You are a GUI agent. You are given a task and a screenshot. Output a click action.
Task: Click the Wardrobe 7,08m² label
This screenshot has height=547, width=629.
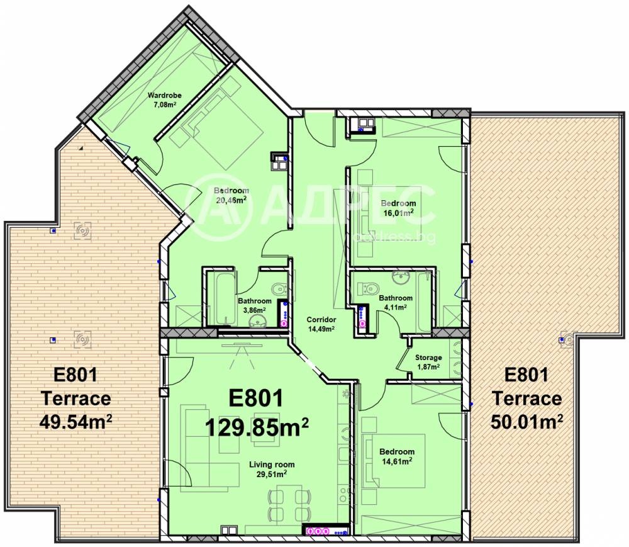pyautogui.click(x=164, y=99)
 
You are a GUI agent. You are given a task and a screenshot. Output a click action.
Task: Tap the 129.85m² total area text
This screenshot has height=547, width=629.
pyautogui.click(x=257, y=428)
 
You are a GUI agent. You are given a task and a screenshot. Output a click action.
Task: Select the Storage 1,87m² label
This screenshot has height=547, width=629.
pyautogui.click(x=428, y=362)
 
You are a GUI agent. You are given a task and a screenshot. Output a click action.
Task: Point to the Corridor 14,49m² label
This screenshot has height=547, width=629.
pyautogui.click(x=320, y=324)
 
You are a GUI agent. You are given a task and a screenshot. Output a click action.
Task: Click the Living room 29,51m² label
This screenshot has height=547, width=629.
pyautogui.click(x=271, y=469)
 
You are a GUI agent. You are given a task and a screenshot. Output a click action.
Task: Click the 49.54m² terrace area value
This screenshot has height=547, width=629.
pyautogui.click(x=74, y=420)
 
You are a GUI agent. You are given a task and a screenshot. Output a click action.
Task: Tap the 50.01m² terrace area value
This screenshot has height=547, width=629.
pyautogui.click(x=526, y=420)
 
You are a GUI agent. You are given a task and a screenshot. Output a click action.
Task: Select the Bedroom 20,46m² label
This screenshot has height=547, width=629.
pyautogui.click(x=231, y=195)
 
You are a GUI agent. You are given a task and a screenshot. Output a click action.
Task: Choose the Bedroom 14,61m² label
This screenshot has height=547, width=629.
pyautogui.click(x=397, y=456)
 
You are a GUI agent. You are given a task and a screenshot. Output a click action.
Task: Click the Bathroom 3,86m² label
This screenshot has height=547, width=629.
pyautogui.click(x=254, y=305)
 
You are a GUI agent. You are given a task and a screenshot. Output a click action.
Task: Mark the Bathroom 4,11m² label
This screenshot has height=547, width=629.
pyautogui.click(x=396, y=302)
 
